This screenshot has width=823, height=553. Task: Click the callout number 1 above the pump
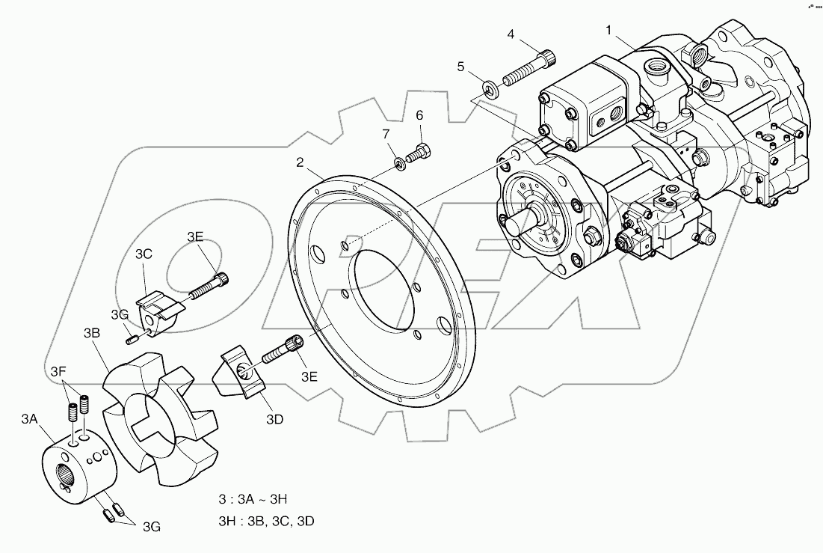tap(609, 31)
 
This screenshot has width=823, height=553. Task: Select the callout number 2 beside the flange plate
tap(299, 162)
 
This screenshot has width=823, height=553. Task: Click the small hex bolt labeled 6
tap(421, 153)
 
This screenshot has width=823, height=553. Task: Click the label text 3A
tap(29, 420)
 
